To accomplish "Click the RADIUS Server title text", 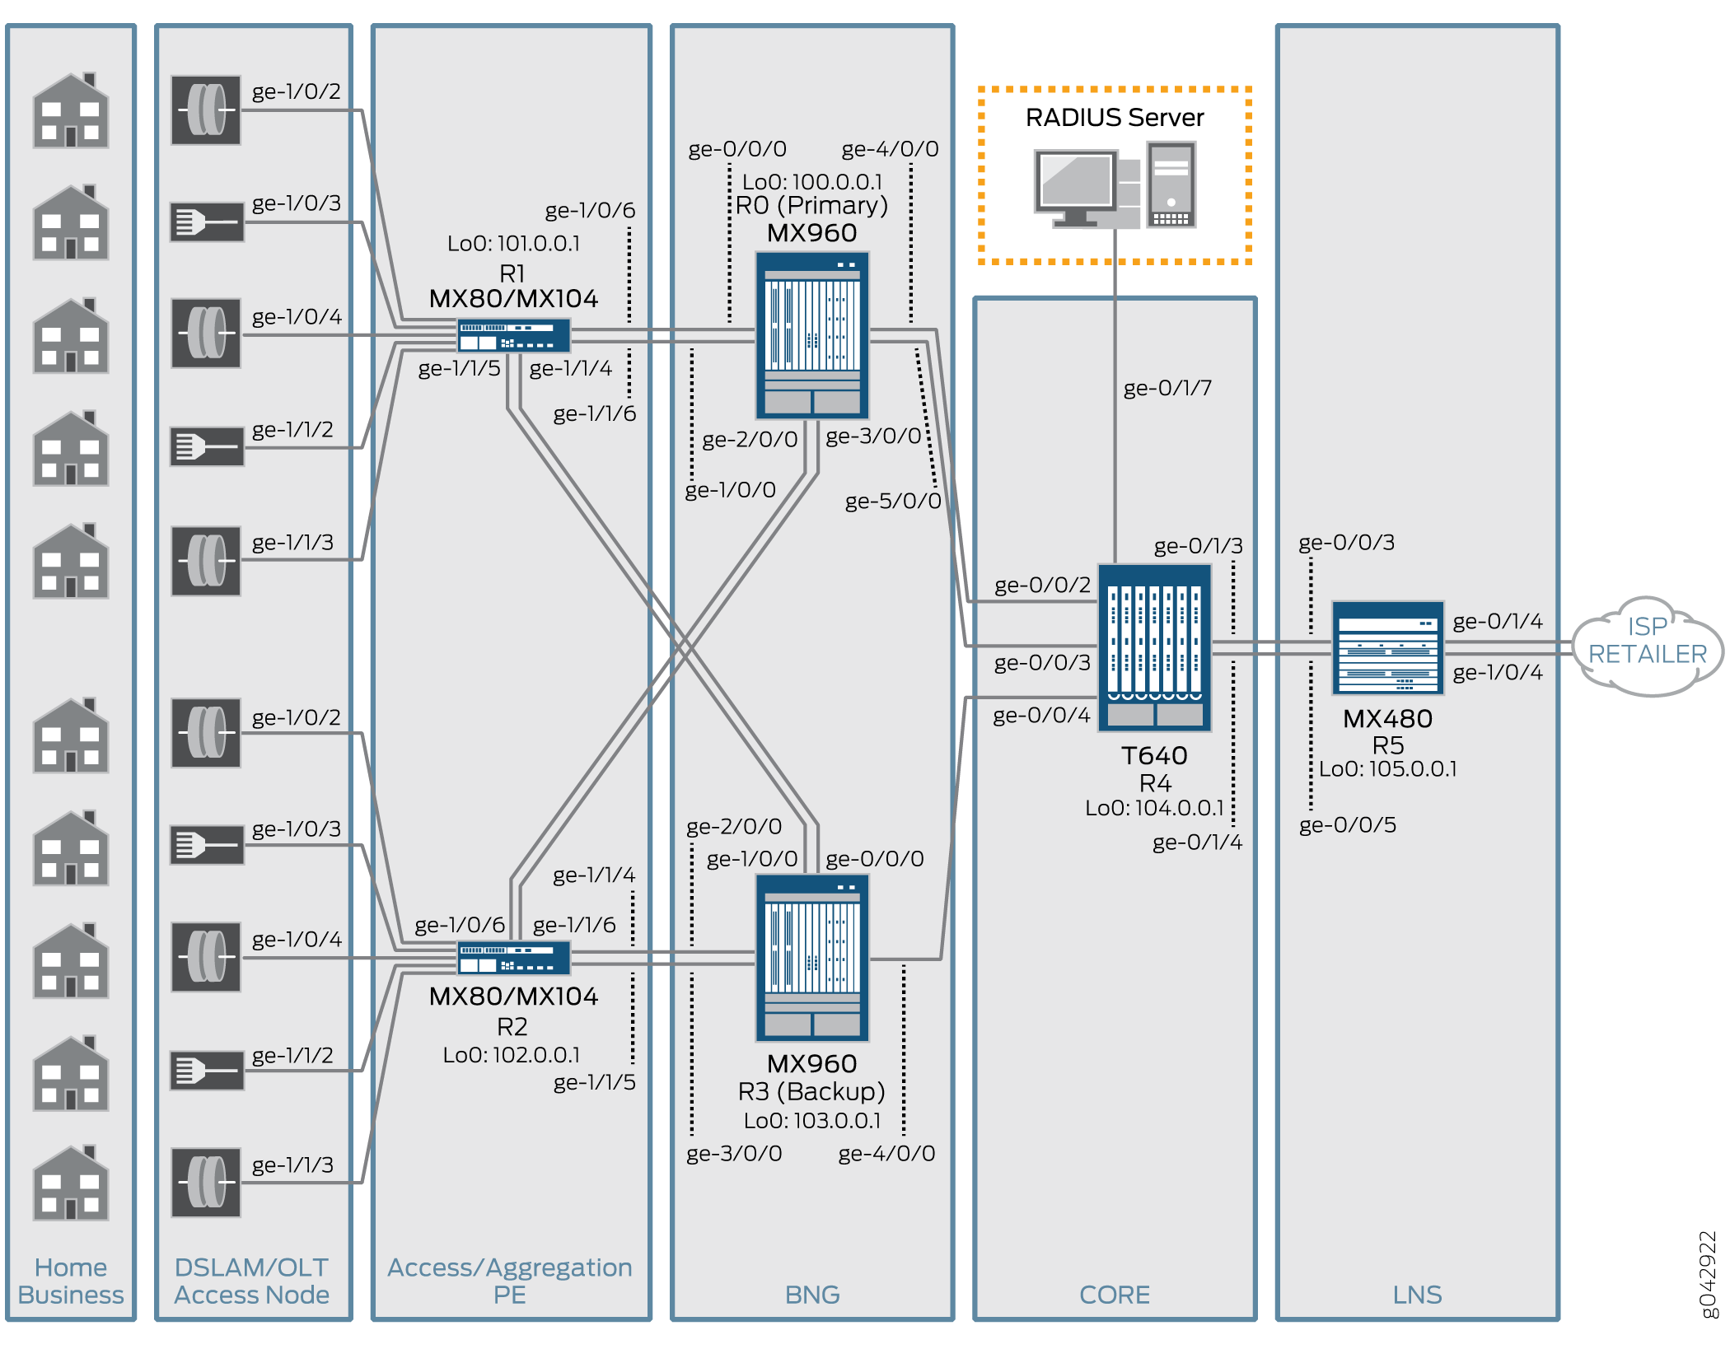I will [x=1114, y=118].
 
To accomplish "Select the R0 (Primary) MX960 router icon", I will [x=812, y=335].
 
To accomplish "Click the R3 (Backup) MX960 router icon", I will [x=812, y=958].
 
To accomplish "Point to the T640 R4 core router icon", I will [x=1154, y=647].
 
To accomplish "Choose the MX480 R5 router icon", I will [x=1387, y=647].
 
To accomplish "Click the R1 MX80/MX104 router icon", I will [x=513, y=335].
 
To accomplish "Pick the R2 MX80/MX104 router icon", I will [x=513, y=958].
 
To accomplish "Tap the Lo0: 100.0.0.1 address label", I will [x=812, y=181].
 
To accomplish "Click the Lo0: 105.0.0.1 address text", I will [x=1387, y=769].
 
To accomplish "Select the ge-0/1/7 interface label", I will [x=1167, y=388].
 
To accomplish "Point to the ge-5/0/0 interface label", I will [x=892, y=501].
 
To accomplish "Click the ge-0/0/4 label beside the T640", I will [x=1041, y=715].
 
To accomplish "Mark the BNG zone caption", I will [x=812, y=1295].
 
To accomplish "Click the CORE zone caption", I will [x=1114, y=1295].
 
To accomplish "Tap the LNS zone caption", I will [x=1417, y=1295].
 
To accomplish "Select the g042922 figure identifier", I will [x=1709, y=1273].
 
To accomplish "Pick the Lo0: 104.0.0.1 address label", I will [x=1154, y=808].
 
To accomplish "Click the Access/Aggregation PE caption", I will [x=510, y=1281].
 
